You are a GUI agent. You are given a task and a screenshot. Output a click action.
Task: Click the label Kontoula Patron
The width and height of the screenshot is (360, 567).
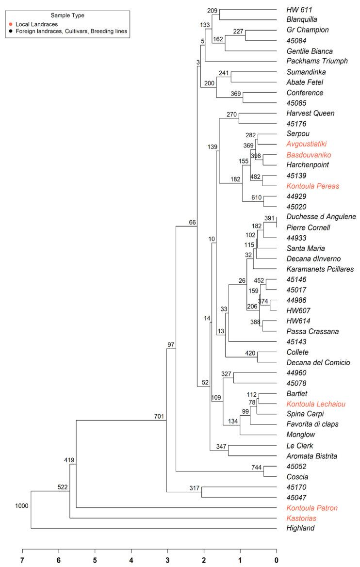point(312,508)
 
